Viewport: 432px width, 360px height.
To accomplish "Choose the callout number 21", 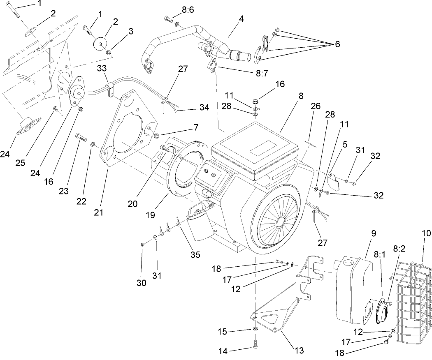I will point(98,212).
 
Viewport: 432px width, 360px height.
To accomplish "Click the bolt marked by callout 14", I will point(256,342).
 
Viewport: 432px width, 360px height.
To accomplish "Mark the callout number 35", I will point(195,255).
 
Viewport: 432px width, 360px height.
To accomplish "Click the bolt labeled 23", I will point(80,136).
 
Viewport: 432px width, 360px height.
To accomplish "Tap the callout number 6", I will point(337,44).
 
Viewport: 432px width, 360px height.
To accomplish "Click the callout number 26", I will point(315,106).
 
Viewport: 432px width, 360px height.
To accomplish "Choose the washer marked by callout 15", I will point(255,329).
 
